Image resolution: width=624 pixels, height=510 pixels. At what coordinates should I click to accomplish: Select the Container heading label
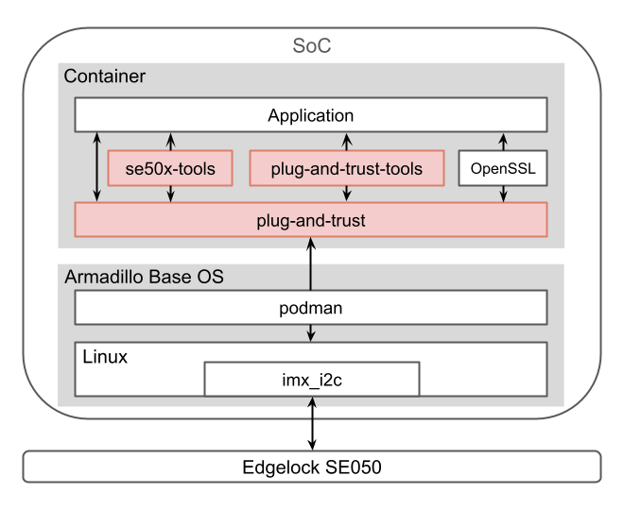[104, 76]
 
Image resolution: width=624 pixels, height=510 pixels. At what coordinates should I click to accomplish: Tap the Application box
[311, 116]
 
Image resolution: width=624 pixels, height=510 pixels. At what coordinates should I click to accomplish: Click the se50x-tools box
[170, 170]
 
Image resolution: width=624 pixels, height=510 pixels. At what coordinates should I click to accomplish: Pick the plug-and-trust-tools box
[346, 170]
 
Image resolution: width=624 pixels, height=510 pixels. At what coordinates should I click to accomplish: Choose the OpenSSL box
[503, 169]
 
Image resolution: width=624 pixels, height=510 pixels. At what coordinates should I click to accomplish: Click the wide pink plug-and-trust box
[311, 220]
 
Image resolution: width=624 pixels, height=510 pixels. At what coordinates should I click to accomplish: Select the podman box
[311, 307]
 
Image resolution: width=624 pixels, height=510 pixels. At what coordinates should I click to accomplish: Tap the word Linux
[106, 358]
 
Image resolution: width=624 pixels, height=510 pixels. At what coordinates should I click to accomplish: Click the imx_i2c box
[312, 381]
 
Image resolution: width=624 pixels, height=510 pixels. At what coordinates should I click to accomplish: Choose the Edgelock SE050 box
[311, 467]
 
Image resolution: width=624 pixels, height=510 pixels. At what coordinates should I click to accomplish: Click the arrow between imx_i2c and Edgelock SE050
[312, 423]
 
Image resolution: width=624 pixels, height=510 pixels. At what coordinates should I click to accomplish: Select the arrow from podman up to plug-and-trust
[311, 263]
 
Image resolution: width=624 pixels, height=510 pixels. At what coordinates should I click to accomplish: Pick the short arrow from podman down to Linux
[311, 333]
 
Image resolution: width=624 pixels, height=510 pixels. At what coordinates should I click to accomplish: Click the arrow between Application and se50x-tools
[170, 142]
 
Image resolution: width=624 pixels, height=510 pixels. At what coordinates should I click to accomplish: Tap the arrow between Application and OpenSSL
[503, 142]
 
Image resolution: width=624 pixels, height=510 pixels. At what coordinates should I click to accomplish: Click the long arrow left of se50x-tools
[96, 167]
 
